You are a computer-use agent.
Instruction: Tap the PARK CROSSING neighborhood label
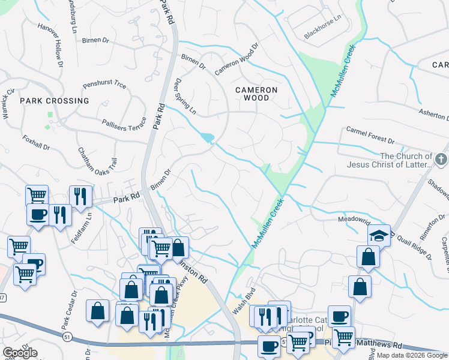54,101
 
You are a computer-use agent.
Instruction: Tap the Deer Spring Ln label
184,96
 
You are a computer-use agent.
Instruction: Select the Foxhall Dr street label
35,145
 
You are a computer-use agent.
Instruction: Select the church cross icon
441,160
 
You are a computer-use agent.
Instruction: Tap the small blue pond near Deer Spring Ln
208,138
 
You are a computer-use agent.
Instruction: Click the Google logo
20,353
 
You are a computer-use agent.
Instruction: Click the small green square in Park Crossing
50,115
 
